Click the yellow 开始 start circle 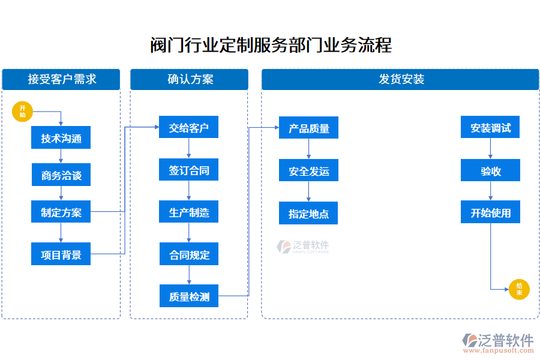22,111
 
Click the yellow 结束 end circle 519,290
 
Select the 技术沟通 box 61,139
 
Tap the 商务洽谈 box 61,176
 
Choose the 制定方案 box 61,212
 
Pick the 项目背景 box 61,254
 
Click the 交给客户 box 188,128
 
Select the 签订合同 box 188,170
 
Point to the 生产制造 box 188,212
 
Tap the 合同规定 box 188,255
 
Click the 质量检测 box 188,296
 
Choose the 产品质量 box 308,128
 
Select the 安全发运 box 308,171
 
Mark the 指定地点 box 308,214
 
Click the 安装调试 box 490,128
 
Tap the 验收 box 490,171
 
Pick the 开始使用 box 490,212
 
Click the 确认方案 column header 189,79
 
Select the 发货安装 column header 400,79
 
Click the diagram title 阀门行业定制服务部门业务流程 270,45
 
